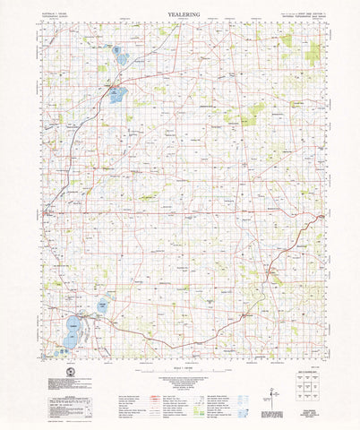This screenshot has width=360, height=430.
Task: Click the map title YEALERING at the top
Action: (x=180, y=15)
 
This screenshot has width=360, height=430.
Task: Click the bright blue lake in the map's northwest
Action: (x=117, y=93)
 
